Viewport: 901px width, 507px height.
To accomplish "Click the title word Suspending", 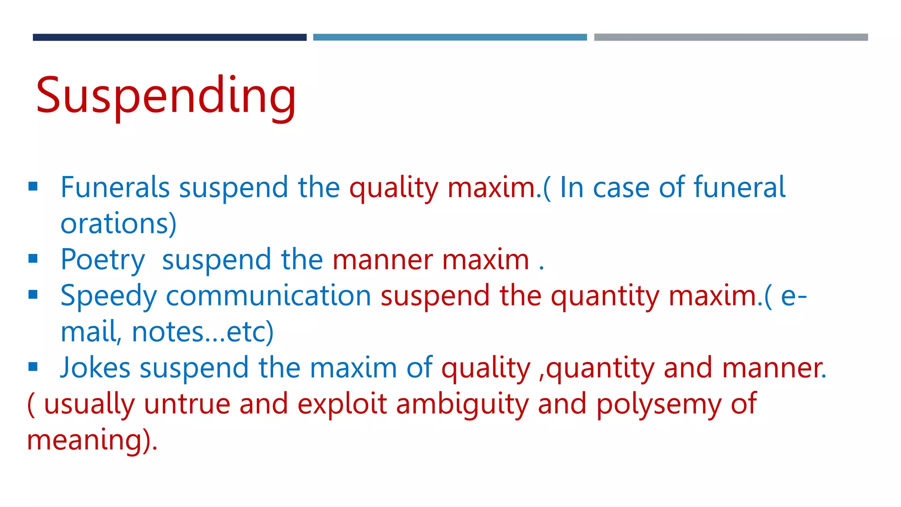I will (x=166, y=96).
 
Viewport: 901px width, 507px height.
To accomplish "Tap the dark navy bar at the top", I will (x=169, y=37).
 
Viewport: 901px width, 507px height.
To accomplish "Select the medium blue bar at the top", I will (x=450, y=37).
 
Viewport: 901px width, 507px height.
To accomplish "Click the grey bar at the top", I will (x=731, y=37).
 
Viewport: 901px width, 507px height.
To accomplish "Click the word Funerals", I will (x=115, y=187).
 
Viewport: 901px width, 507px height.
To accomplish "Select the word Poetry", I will (x=103, y=260).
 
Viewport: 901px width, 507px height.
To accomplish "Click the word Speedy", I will (x=108, y=296).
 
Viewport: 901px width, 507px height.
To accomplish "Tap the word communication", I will (x=268, y=296).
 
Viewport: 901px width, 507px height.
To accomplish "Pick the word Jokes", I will (x=95, y=368).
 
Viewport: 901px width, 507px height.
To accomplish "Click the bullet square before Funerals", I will (x=33, y=187).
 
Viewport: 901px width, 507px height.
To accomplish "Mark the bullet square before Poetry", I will (x=33, y=259).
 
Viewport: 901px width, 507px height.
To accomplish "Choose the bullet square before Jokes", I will (x=33, y=367).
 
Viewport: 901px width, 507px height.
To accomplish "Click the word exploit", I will (x=342, y=404).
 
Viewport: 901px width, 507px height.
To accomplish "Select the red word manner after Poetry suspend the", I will (x=382, y=260).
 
